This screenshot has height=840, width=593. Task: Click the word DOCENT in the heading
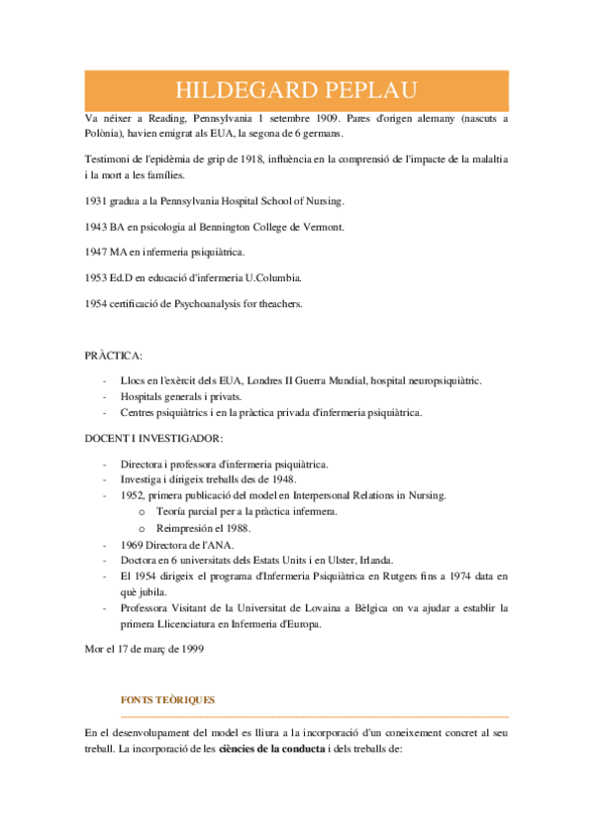[106, 438]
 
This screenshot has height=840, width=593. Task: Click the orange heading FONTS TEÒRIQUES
[167, 699]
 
